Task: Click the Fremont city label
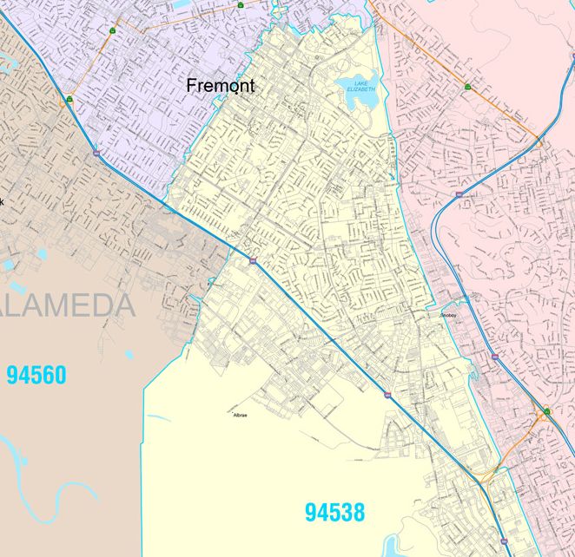click(x=221, y=86)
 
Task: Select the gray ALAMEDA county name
click(x=68, y=305)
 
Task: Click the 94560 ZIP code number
click(x=36, y=376)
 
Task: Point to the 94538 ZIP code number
click(x=334, y=512)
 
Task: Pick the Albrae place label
click(x=241, y=416)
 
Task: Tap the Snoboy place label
click(x=448, y=316)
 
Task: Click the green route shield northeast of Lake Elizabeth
click(x=468, y=87)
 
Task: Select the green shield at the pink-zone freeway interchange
click(x=546, y=410)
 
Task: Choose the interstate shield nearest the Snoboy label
click(x=493, y=356)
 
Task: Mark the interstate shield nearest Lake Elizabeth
click(x=458, y=195)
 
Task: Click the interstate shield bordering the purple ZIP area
click(x=96, y=153)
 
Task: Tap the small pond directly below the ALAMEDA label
click(x=129, y=354)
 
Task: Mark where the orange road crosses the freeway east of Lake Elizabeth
click(x=539, y=141)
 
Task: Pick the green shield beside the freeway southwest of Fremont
click(x=69, y=100)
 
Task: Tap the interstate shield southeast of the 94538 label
click(x=387, y=395)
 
